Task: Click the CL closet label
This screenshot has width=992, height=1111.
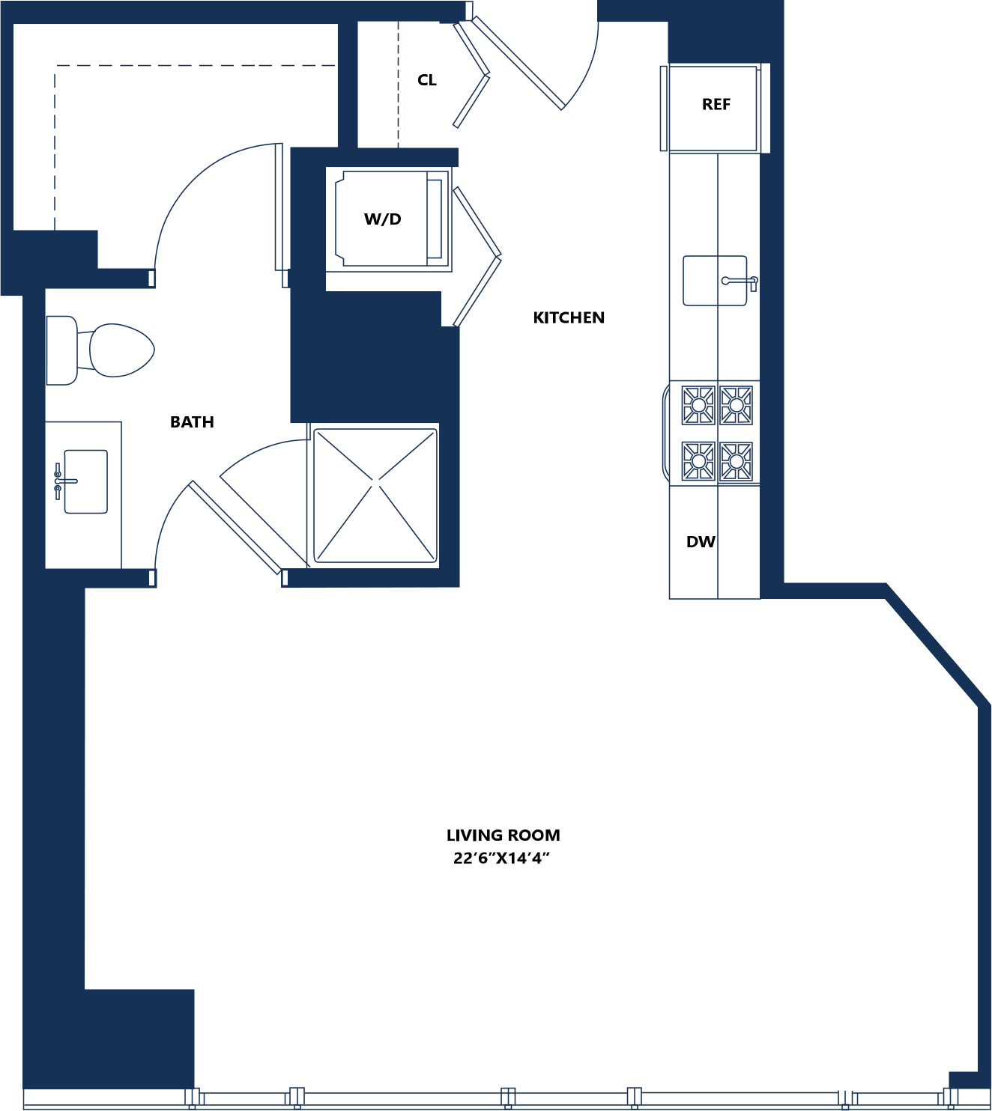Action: point(426,80)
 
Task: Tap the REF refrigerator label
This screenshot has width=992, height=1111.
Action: point(716,104)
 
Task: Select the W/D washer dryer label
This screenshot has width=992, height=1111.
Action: point(382,219)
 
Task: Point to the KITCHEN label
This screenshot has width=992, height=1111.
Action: point(569,317)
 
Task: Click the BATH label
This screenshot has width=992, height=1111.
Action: point(192,421)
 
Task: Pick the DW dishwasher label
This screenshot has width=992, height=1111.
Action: point(701,542)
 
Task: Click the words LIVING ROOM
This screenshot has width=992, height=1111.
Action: point(503,835)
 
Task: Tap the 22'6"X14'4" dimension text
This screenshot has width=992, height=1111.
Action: point(501,858)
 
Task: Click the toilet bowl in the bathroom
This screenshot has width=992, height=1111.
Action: point(121,350)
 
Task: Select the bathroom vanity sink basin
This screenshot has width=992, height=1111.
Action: point(85,481)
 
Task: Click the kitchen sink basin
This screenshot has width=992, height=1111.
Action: point(714,280)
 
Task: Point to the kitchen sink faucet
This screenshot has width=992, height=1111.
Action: point(740,281)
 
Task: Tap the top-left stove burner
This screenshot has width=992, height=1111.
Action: point(698,405)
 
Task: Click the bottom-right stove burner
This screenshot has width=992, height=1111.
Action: point(737,462)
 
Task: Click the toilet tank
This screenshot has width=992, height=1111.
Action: point(61,350)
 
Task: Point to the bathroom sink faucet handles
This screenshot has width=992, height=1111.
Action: point(58,481)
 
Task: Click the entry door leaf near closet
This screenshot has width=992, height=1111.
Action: point(518,63)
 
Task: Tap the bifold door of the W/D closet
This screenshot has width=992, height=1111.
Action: point(477,256)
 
